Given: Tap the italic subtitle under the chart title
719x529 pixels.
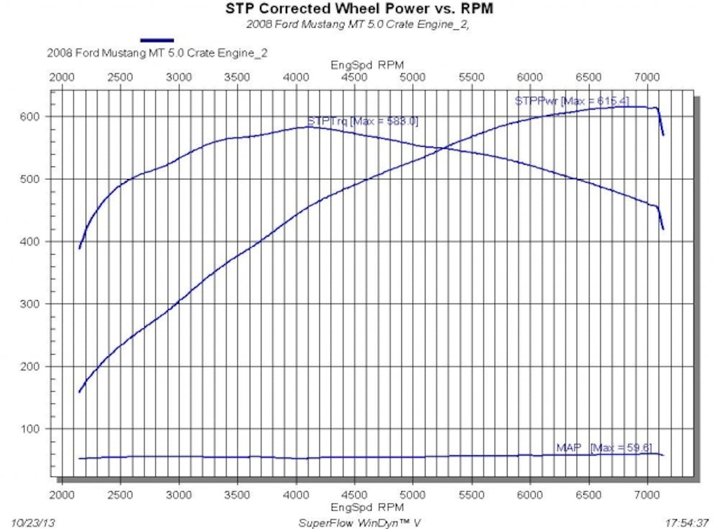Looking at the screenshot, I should (358, 25).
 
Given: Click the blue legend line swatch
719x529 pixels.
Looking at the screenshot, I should (157, 40).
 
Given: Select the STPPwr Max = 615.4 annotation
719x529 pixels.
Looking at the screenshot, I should (572, 101).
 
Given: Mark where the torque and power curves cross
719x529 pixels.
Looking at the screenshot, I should (444, 148).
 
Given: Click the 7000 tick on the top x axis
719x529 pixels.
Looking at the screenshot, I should (647, 78).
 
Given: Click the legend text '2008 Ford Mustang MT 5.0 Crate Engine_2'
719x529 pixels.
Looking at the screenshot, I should (157, 53).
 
